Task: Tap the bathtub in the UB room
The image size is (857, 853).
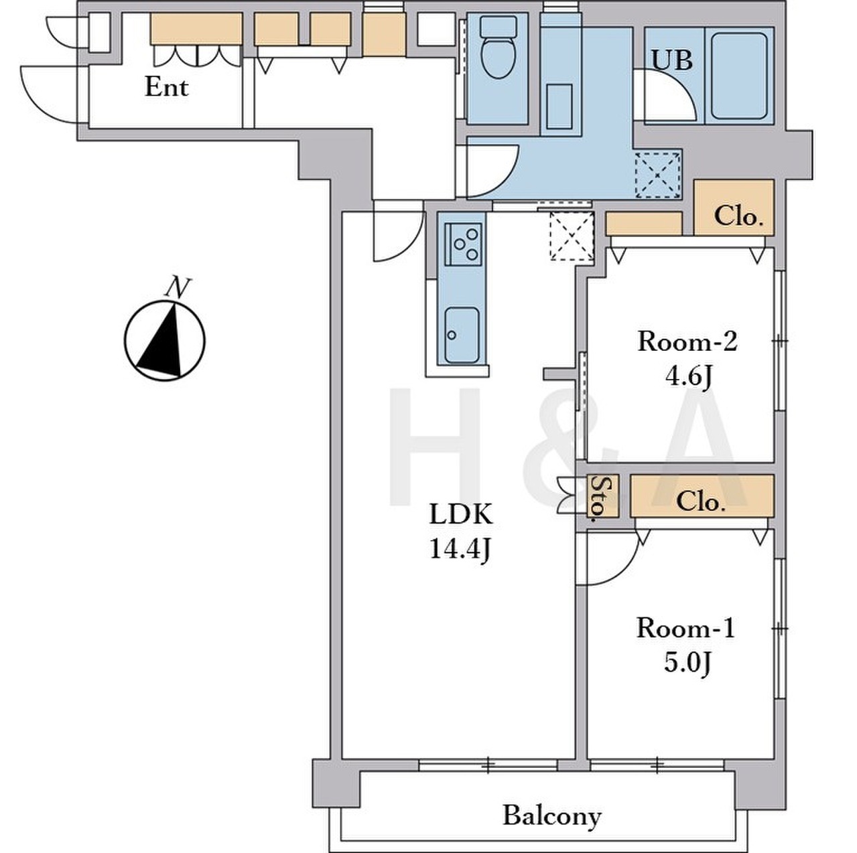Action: coord(738,75)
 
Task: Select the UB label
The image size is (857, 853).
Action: coord(671,61)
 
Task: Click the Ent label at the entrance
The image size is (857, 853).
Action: coord(166,88)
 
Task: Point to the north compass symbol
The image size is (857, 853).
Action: coord(165,341)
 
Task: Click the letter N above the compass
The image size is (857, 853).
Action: coord(178,287)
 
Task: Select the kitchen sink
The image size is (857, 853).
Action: coord(462,335)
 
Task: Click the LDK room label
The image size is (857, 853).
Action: coord(461,515)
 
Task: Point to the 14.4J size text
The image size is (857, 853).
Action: coord(460,551)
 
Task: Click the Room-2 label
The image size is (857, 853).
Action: coord(687,343)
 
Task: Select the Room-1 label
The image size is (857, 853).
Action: coord(685,629)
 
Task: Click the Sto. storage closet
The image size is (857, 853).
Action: coord(602,497)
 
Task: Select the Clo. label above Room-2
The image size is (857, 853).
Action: coord(738,217)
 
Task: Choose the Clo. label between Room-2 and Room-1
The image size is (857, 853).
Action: coord(698,503)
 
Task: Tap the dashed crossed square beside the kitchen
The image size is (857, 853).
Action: coord(572,236)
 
